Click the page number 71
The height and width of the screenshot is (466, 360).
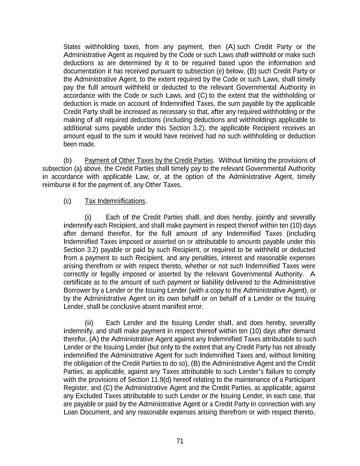point(180,441)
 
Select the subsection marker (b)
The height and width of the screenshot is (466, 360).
point(68,160)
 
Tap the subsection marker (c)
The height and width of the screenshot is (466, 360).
point(68,201)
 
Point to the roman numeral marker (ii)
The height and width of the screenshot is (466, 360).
point(89,323)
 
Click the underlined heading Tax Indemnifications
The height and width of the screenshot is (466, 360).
point(115,201)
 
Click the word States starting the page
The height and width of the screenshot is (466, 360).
point(72,47)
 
